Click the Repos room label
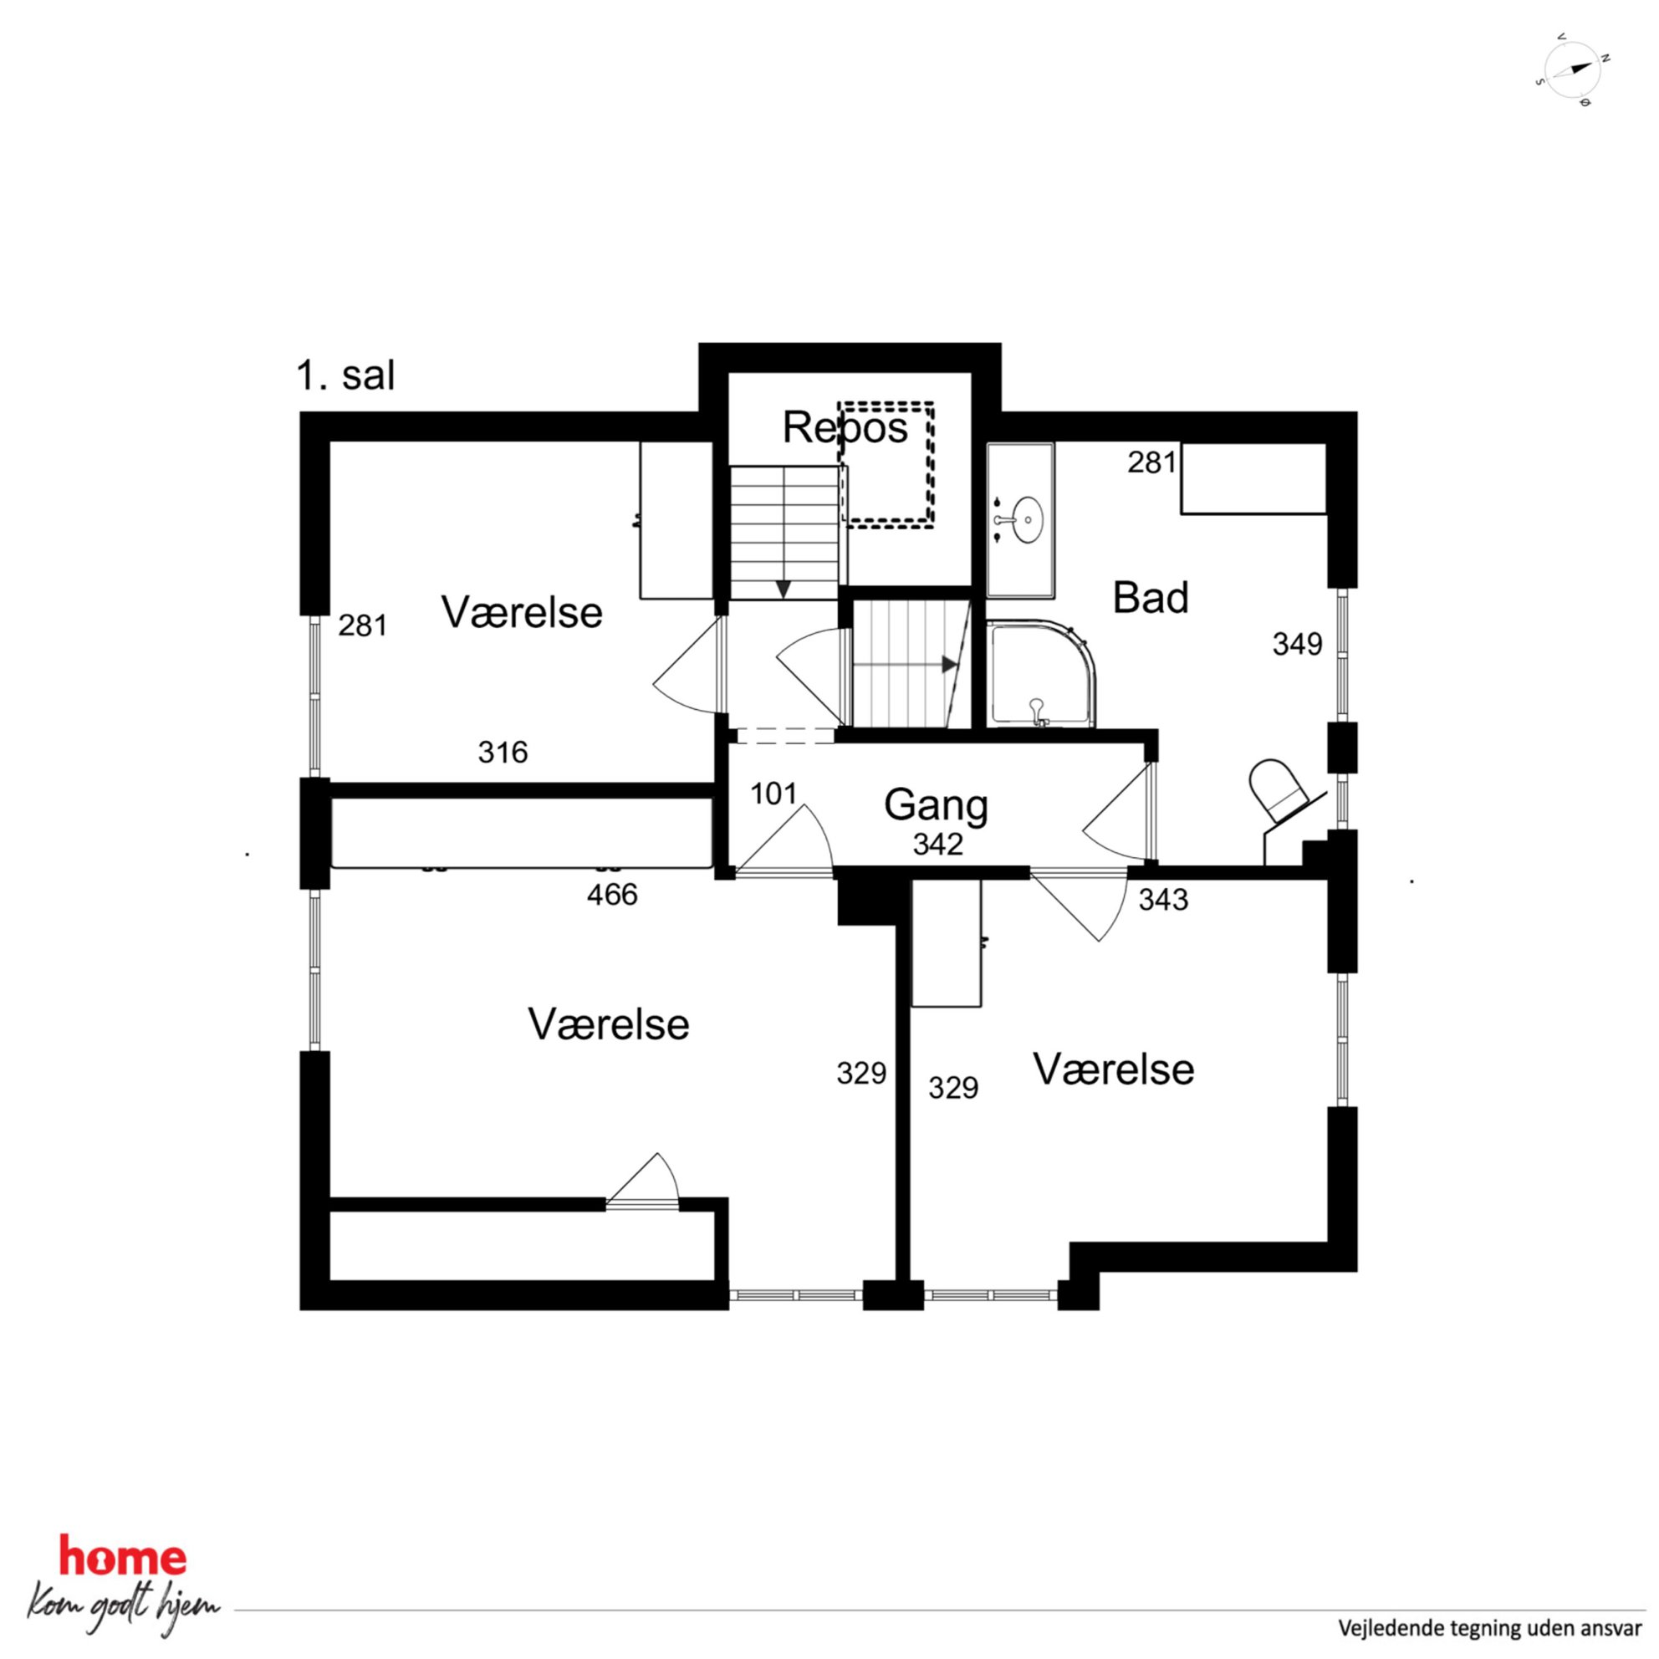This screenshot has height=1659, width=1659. point(845,427)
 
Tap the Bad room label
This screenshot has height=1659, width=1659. point(1151,598)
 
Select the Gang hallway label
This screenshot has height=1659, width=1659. point(936,805)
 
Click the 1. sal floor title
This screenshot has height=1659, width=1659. point(345,375)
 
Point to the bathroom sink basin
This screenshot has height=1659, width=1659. point(1025,519)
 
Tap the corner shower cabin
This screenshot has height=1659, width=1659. point(1041,676)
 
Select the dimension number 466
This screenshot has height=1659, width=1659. point(612,896)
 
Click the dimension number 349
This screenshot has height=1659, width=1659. point(1298,644)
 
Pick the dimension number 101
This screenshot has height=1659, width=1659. point(773,794)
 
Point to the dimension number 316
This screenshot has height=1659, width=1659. point(503,753)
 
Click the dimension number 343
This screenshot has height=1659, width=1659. point(1163,900)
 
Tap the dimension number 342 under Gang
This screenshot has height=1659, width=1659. point(937,845)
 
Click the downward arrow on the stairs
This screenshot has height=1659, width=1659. point(784,589)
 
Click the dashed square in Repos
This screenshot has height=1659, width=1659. point(887,464)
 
